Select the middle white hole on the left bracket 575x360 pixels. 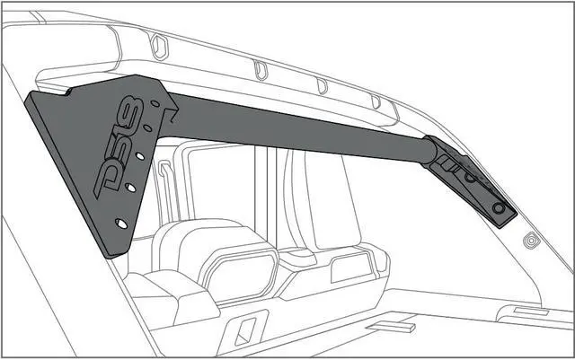click(131, 188)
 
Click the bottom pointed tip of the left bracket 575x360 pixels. click(107, 255)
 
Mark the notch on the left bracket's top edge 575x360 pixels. click(68, 92)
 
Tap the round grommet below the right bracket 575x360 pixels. click(530, 240)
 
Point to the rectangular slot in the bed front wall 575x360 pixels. click(244, 331)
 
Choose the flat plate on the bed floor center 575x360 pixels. click(387, 324)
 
